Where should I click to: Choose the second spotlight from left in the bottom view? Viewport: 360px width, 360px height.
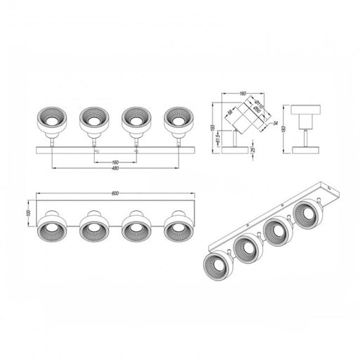(92, 229)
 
